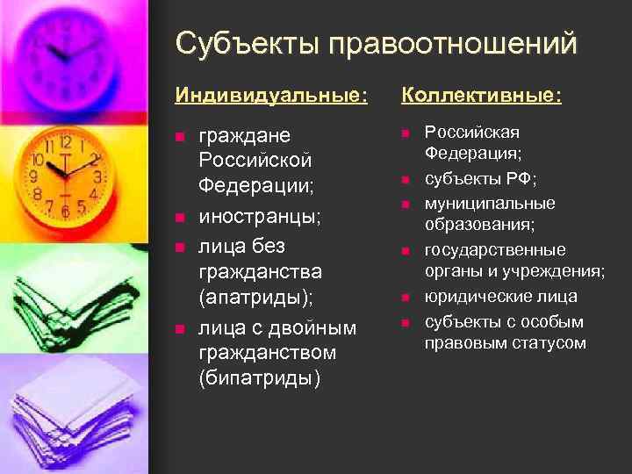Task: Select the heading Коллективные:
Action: pos(481,94)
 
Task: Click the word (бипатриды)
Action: pos(260,378)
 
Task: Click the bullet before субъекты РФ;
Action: pos(406,180)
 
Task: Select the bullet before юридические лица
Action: pos(406,298)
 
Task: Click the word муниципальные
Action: pos(490,203)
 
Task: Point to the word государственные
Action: pos(495,250)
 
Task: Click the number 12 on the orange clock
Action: pos(66,141)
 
